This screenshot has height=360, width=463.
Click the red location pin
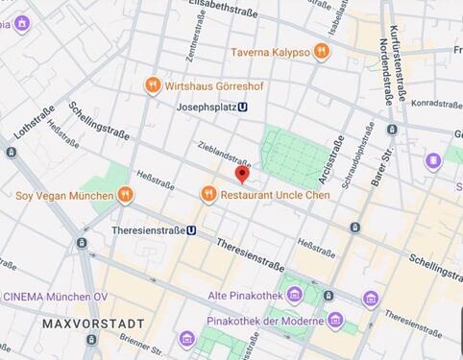(242, 174)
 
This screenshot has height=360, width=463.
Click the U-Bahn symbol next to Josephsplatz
(243, 108)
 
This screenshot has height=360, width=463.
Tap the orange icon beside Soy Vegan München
(126, 195)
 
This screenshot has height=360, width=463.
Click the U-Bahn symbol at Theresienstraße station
(192, 230)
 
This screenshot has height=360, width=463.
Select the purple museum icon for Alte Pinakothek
(294, 294)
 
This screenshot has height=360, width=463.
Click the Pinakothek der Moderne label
(268, 320)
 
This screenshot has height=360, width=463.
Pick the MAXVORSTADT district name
(93, 324)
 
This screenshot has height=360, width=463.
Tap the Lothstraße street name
(35, 122)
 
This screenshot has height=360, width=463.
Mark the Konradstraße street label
(435, 104)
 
